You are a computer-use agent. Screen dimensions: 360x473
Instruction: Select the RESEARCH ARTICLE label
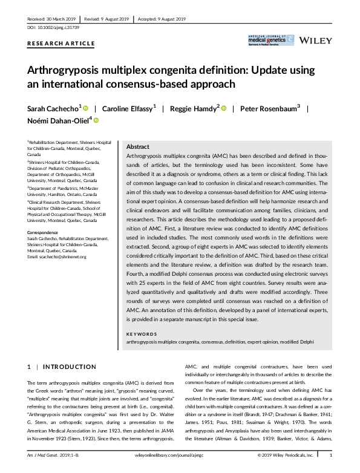pos(61,44)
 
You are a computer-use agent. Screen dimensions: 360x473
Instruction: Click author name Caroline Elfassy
pos(128,108)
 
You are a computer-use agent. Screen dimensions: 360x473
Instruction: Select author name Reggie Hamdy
pos(196,108)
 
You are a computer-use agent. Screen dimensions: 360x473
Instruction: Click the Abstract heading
pos(138,147)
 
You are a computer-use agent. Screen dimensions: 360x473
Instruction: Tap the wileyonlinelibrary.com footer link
pos(180,455)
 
